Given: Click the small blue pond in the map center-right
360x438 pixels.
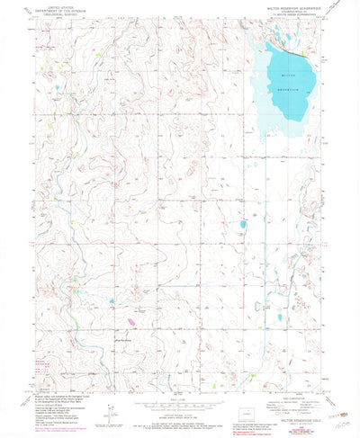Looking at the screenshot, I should click(242, 225).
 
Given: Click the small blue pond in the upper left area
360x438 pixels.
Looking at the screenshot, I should click(56, 87).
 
